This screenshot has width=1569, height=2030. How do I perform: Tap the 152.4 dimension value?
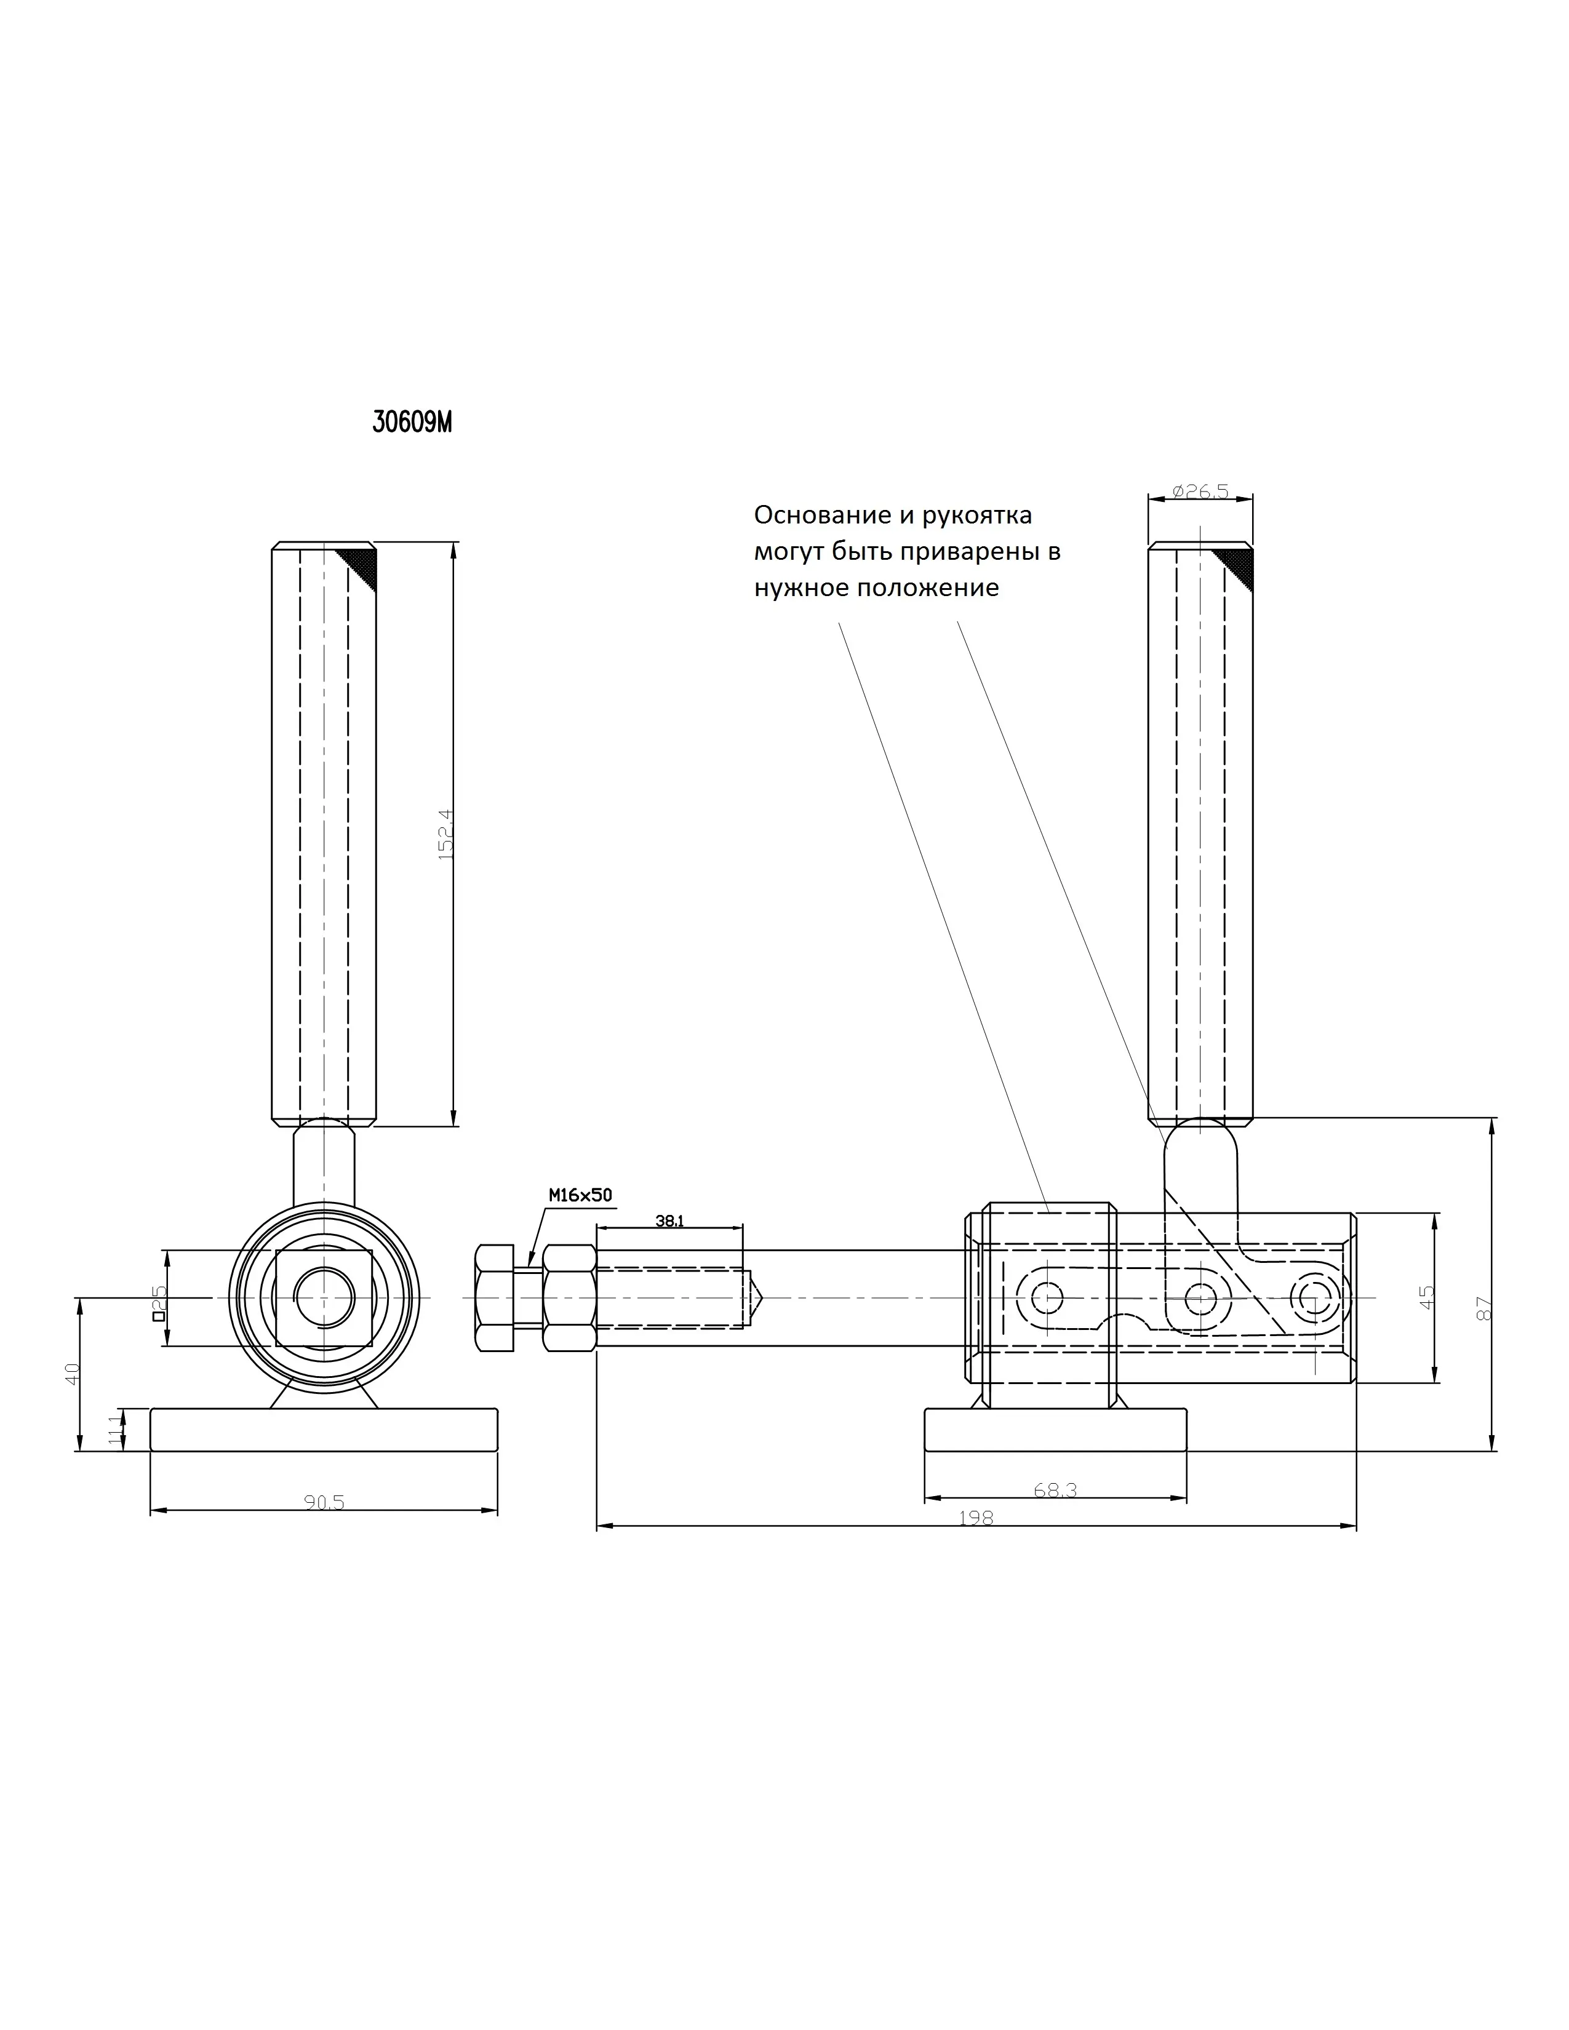click(445, 834)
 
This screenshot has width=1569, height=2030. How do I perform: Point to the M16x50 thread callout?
click(580, 1195)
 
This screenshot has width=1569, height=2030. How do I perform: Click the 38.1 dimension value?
click(669, 1221)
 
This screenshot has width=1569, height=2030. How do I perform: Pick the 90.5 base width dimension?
click(324, 1502)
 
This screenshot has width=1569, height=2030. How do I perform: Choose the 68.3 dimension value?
click(1055, 1490)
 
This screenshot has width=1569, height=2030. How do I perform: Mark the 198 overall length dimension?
click(976, 1518)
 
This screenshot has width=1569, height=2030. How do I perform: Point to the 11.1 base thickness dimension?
click(115, 1430)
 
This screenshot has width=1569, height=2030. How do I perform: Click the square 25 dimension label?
click(158, 1303)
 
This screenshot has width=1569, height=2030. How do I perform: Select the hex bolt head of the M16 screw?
click(495, 1297)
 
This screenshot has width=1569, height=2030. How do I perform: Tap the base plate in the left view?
click(324, 1430)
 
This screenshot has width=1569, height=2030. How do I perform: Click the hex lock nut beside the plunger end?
click(570, 1297)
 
